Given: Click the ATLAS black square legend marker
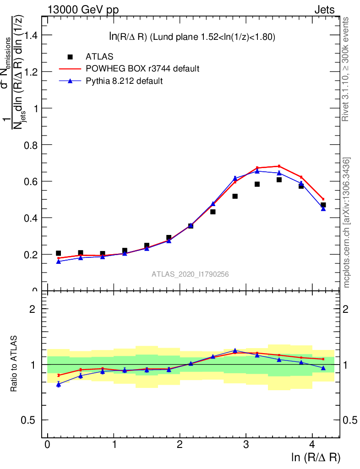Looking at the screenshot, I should click(70, 57).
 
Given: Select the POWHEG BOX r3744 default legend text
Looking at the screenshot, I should click(142, 69).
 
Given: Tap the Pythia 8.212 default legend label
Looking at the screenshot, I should click(125, 81).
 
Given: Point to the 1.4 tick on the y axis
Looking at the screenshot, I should click(29, 35).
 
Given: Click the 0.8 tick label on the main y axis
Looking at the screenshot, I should click(29, 145).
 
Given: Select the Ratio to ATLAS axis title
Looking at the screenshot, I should click(14, 365).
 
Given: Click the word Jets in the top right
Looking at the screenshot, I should click(324, 10).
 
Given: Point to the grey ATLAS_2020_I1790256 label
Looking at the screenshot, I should click(190, 274).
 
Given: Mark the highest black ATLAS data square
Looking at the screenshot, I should click(279, 180).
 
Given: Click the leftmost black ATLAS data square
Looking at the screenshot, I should click(59, 253).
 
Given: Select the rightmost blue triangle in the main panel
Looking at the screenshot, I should click(323, 208).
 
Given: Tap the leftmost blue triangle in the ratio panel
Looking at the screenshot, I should click(59, 384).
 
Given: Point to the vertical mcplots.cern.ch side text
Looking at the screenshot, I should click(347, 223).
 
